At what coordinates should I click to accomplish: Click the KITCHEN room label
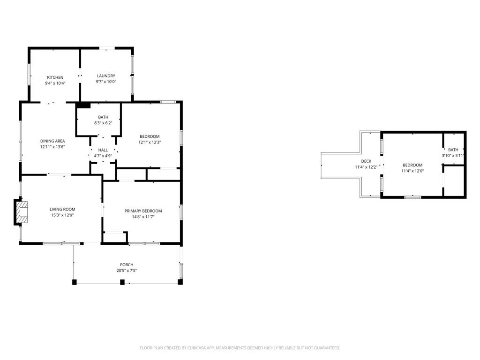click(55, 77)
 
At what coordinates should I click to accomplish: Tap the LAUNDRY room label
click(106, 76)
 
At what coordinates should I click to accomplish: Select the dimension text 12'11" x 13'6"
click(52, 147)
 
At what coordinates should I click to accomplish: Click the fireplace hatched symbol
click(22, 212)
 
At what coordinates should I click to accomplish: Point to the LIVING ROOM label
click(62, 210)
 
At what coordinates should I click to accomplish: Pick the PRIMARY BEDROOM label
click(143, 211)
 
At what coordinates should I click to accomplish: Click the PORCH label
click(127, 265)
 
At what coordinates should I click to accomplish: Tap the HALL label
click(103, 150)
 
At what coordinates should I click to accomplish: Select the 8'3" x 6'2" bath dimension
click(103, 123)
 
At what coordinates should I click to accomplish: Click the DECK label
click(366, 161)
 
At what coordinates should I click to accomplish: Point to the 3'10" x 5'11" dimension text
click(453, 156)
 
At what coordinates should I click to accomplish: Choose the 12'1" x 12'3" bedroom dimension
click(150, 142)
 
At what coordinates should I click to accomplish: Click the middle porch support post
click(122, 282)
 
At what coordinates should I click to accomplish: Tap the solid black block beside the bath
click(83, 105)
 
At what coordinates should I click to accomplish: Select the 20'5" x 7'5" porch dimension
click(127, 270)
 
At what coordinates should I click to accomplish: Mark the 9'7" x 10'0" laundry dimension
click(106, 82)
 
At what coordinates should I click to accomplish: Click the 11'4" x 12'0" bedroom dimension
click(412, 171)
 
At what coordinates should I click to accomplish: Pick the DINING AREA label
click(52, 141)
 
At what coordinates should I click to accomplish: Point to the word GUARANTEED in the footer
click(328, 348)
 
